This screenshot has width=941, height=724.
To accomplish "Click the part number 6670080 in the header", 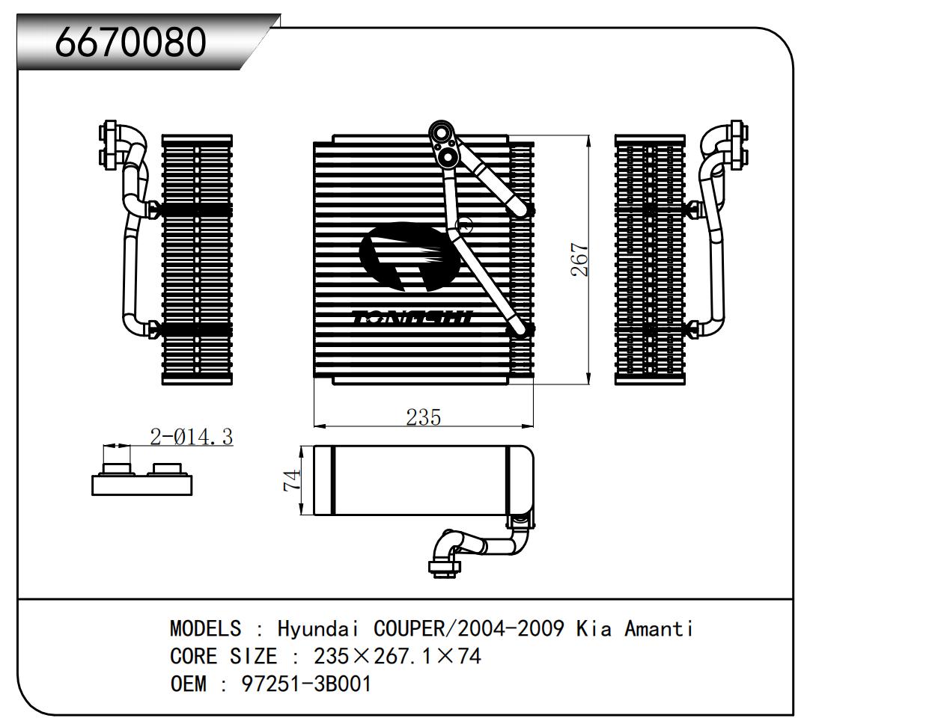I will pyautogui.click(x=131, y=42).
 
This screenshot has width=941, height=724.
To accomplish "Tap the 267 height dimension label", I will pyautogui.click(x=580, y=260).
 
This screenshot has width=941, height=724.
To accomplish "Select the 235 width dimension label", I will pyautogui.click(x=423, y=417).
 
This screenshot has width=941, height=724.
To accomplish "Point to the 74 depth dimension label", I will pyautogui.click(x=293, y=479).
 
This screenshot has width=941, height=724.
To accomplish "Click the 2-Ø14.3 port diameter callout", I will pyautogui.click(x=192, y=436).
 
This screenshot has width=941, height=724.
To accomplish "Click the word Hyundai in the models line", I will pyautogui.click(x=320, y=628).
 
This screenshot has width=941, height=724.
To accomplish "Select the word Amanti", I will pyautogui.click(x=659, y=628).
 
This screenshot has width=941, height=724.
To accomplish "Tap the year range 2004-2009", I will pyautogui.click(x=511, y=628).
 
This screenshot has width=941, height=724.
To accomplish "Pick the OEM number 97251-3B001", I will pyautogui.click(x=306, y=684).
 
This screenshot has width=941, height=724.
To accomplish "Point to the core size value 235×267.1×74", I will pyautogui.click(x=398, y=656).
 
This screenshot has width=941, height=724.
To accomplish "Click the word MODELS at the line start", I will pyautogui.click(x=206, y=628).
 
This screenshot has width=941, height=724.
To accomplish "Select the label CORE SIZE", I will pyautogui.click(x=223, y=656).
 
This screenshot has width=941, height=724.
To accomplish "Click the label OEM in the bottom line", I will pyautogui.click(x=189, y=684).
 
